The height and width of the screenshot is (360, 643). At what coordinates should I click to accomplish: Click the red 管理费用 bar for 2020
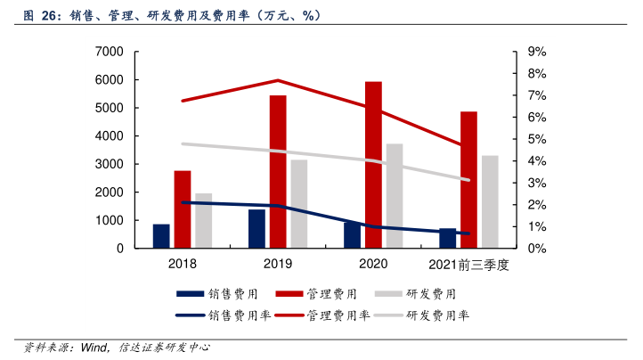pyautogui.click(x=373, y=165)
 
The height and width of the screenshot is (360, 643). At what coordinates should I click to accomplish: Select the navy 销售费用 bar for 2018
pyautogui.click(x=161, y=236)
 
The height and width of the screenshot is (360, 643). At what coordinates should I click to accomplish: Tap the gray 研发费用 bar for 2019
pyautogui.click(x=299, y=204)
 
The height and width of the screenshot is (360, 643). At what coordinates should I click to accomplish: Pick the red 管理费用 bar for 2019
pyautogui.click(x=278, y=172)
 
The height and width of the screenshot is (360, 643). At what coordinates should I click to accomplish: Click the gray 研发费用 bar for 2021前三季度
pyautogui.click(x=490, y=202)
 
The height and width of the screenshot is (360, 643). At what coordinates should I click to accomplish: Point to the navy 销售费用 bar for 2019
pyautogui.click(x=256, y=229)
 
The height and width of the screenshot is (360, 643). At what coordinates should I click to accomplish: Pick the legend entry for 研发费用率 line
pyautogui.click(x=437, y=315)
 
